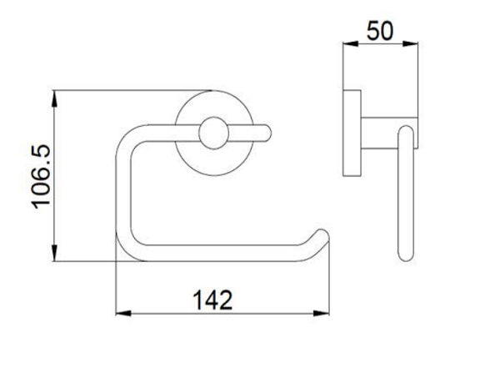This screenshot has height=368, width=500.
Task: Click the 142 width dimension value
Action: click(x=213, y=300)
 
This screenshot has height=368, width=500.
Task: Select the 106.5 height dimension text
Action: click(x=41, y=177)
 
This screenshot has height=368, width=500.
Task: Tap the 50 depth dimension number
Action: click(x=380, y=31)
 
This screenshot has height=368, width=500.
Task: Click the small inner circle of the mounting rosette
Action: click(x=213, y=134)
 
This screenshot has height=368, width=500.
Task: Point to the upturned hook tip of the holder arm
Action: click(x=322, y=235)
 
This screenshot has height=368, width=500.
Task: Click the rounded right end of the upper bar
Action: click(x=267, y=133)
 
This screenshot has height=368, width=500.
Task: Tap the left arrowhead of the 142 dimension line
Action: click(x=123, y=314)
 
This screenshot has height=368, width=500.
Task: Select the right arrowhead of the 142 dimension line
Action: click(x=321, y=314)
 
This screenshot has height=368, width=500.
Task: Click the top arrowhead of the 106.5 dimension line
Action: click(x=54, y=98)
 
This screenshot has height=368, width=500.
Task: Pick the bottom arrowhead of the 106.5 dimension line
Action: click(x=54, y=254)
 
